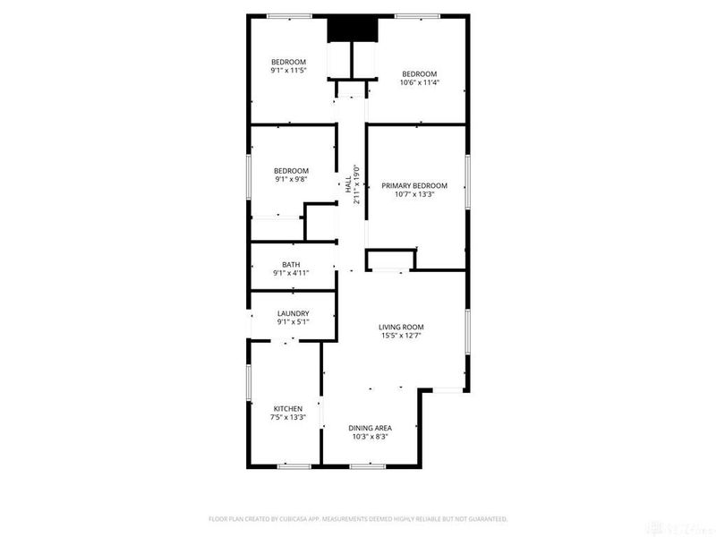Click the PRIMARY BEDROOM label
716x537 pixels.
coord(414,186)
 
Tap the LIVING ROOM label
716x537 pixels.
coord(401,327)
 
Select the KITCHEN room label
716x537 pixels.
coord(288,408)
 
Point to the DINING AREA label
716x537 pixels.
coord(371,428)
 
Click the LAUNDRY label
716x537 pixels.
coord(293,313)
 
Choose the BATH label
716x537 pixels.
coord(291,265)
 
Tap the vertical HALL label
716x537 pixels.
coord(347,186)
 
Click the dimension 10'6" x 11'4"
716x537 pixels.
coord(419,82)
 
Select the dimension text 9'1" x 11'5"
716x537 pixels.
coord(288,70)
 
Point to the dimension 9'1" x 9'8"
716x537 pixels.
coord(291,179)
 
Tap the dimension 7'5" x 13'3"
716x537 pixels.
coord(288,417)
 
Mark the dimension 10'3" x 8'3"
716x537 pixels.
coord(371,437)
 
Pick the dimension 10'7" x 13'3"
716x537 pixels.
coord(414,195)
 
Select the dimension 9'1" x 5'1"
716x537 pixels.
coord(293,322)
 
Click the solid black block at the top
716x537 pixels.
coord(353,30)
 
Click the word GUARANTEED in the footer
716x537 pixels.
coord(484,518)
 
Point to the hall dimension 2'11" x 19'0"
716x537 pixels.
coord(355,184)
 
